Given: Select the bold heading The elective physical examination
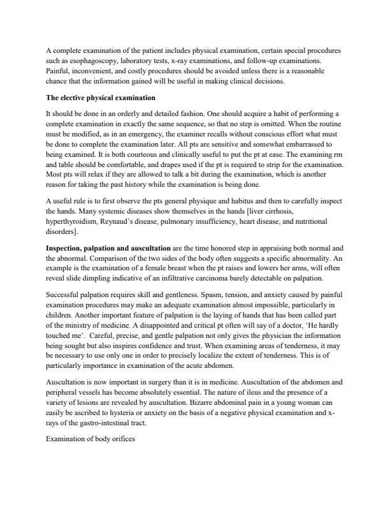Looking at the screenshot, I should pos(100,98).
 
